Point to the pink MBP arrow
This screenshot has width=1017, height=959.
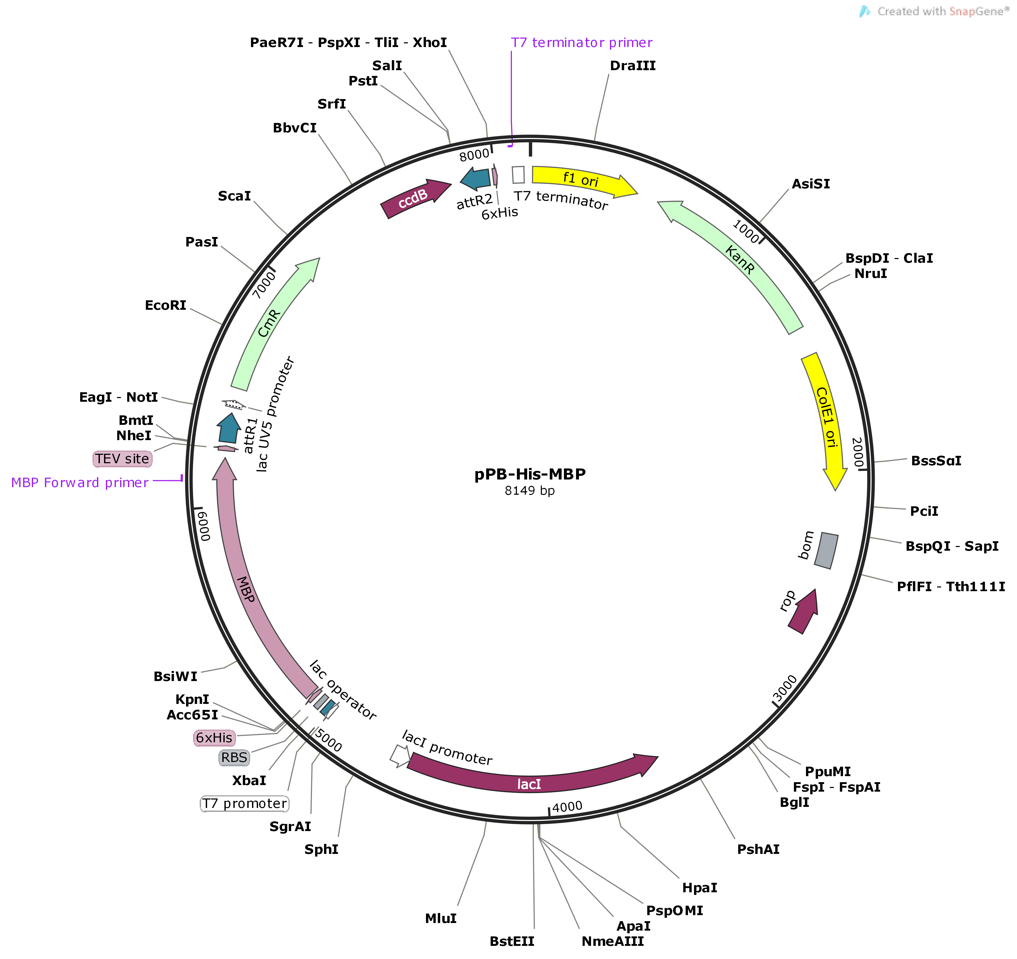245,588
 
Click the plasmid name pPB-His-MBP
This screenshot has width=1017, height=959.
530,474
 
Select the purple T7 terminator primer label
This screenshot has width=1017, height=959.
581,43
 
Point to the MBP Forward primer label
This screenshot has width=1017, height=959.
80,482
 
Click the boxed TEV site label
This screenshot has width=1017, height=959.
122,459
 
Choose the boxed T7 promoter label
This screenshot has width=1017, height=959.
245,803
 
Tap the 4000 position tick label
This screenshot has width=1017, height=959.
567,807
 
